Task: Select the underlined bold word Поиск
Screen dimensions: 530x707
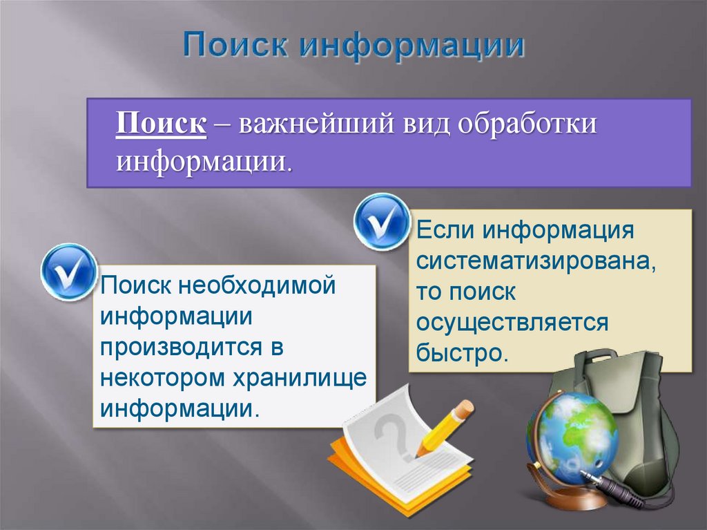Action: [x=161, y=126]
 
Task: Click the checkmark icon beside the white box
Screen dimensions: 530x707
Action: [x=68, y=272]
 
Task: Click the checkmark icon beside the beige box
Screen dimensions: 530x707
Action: [x=382, y=221]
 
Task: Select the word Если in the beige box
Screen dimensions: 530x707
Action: [x=445, y=229]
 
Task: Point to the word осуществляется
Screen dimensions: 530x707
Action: [x=512, y=322]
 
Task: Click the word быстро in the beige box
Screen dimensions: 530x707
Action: [x=461, y=353]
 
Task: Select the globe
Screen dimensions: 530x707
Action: [x=571, y=428]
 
